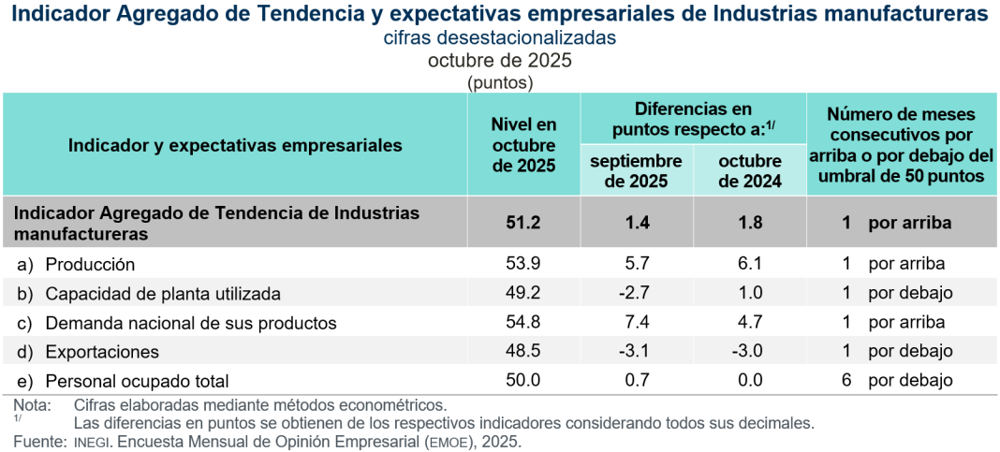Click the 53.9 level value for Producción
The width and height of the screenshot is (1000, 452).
pos(523,264)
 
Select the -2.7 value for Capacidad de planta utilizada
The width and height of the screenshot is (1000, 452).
pos(636,293)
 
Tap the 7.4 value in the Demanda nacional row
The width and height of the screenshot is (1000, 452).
pos(636,323)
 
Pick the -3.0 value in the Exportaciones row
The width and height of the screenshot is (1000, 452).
pos(749,352)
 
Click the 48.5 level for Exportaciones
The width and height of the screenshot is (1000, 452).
pos(523,352)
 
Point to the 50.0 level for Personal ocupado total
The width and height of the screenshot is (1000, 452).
pos(523,381)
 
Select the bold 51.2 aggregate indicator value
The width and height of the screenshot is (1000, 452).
pos(523,223)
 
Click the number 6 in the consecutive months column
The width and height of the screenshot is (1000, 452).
pos(846,381)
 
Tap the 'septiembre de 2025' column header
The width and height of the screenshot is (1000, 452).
pos(636,171)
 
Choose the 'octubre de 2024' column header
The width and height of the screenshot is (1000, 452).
pos(749,171)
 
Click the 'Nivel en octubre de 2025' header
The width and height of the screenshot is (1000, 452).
pos(523,144)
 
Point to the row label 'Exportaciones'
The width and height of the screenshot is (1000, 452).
pos(102,352)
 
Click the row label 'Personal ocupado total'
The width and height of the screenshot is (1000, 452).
pos(137,381)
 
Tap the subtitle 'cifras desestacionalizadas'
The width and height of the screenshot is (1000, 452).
pos(499,38)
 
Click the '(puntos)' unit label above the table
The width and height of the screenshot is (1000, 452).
pos(499,82)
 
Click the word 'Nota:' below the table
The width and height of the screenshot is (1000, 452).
pos(33,405)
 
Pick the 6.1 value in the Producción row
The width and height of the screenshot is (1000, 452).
pos(749,264)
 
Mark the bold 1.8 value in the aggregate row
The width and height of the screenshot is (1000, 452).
pos(749,223)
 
